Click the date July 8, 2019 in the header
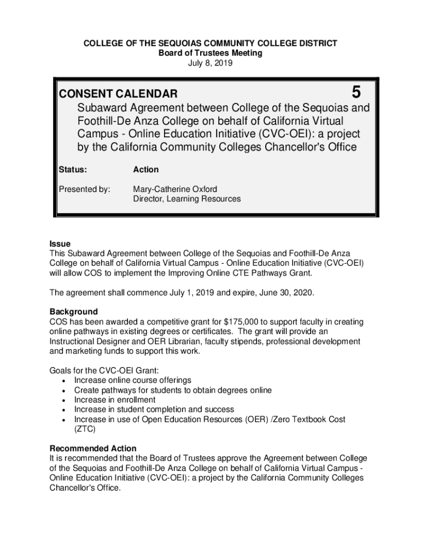210,63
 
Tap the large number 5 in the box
354,91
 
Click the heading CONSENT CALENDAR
118,95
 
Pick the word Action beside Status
146,170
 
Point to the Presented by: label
84,189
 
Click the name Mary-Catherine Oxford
175,189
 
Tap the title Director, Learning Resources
186,199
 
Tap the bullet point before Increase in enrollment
65,400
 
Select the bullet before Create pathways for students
65,390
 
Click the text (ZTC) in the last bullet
84,429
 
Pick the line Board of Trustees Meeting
210,53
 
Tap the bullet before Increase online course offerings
65,381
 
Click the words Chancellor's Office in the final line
85,488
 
